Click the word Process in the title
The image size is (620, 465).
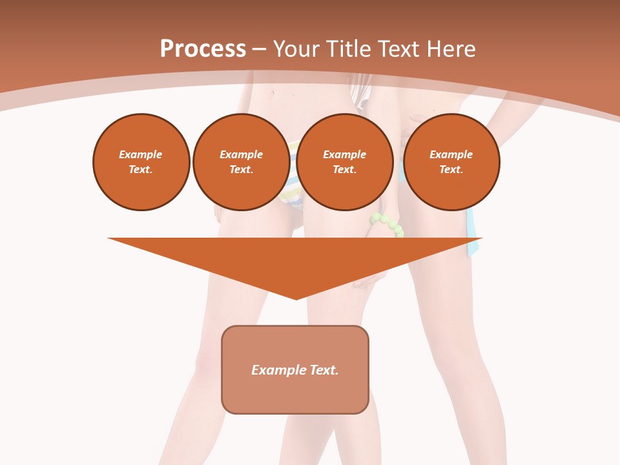point(203,49)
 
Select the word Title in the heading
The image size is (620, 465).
point(346,49)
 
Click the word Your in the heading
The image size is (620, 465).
point(298,49)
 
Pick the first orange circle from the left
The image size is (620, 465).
point(141,162)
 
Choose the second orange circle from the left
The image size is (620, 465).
point(242,162)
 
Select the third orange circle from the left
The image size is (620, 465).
point(345,162)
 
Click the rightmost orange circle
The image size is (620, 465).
point(451,162)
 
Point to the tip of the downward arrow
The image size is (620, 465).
point(296,298)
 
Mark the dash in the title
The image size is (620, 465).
point(259,49)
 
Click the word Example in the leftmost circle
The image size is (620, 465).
point(141,154)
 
